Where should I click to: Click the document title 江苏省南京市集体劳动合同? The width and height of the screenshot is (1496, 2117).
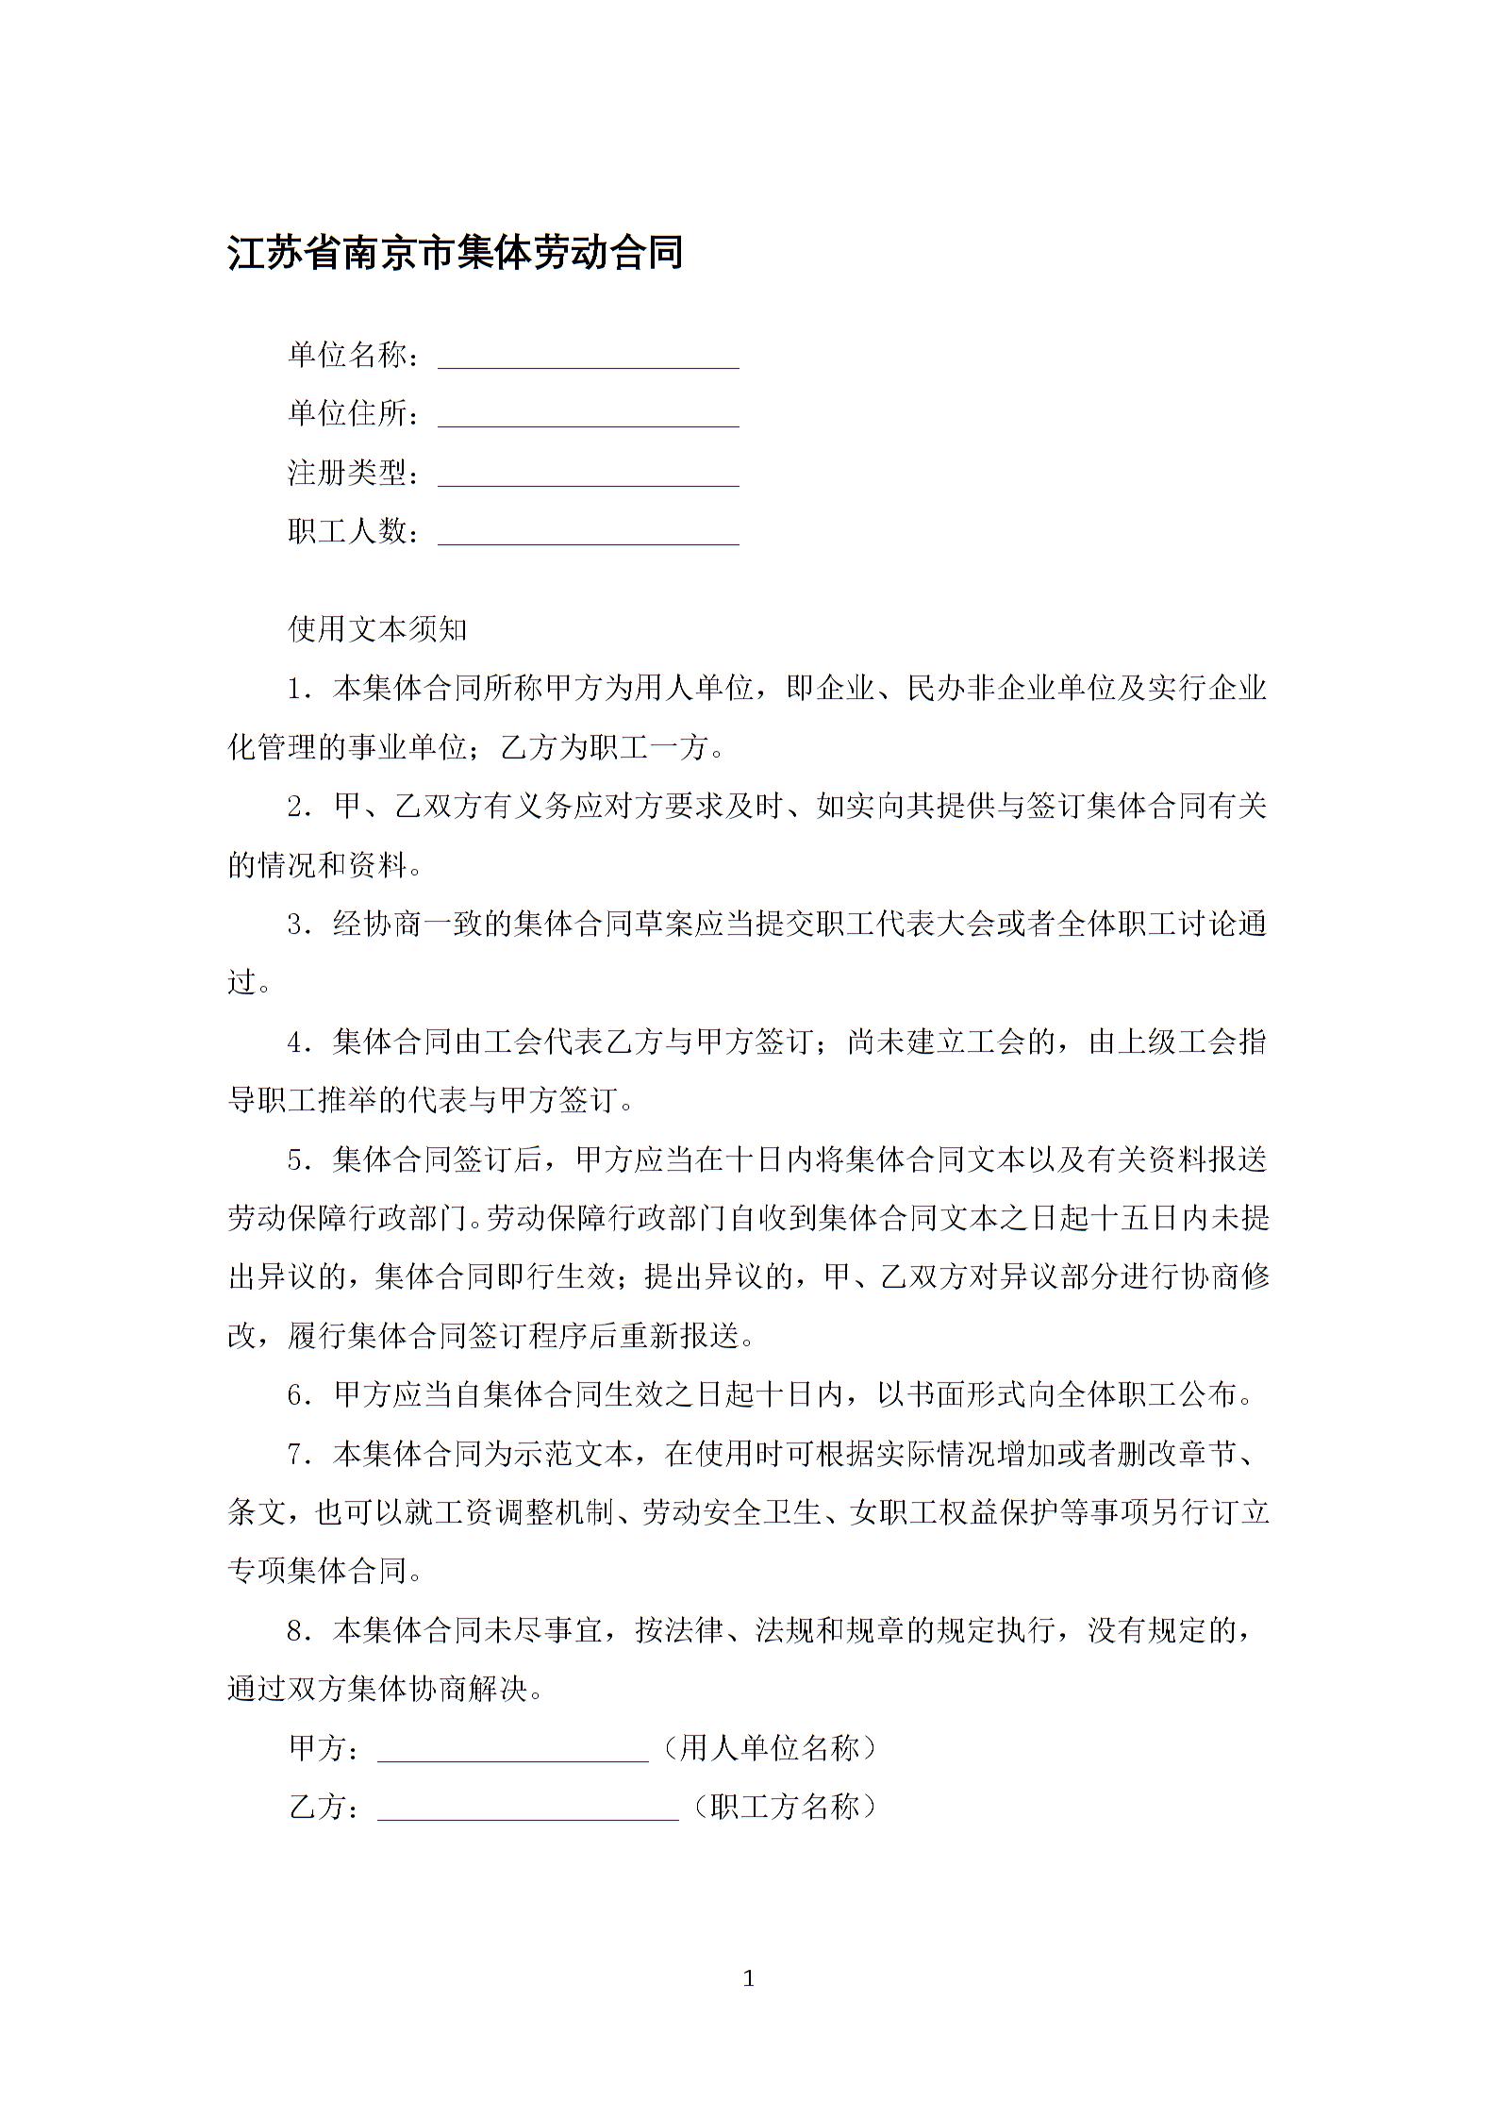tap(456, 253)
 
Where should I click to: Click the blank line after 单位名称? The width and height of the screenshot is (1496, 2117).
tap(588, 358)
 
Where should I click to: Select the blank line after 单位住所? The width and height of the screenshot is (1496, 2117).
tap(588, 417)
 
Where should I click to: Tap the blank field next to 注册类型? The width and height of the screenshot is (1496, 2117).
tap(588, 476)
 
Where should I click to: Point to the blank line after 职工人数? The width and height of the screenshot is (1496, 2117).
tap(588, 535)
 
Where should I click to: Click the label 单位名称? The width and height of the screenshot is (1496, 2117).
tap(349, 355)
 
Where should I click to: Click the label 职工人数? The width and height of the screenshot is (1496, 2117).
tap(349, 531)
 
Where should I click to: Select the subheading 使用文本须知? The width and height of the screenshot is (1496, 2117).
tap(377, 628)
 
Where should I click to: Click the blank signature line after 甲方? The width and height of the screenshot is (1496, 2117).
tap(512, 1751)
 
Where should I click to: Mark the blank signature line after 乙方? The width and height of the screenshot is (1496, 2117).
tap(527, 1809)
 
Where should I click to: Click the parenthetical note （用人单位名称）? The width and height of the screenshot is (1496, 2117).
tap(770, 1748)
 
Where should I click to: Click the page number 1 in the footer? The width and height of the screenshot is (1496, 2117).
tap(749, 1979)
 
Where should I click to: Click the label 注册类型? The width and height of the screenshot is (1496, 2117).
tap(349, 473)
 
